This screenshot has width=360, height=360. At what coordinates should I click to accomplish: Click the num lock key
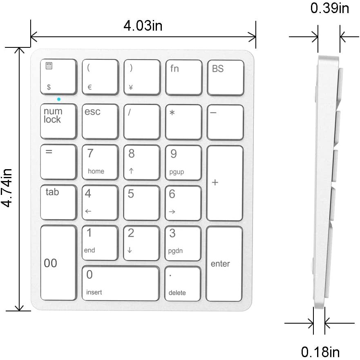58,121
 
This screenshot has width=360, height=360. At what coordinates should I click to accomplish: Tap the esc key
100,121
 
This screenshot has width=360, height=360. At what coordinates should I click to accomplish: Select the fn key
183,77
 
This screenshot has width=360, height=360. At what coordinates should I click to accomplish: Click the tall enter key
224,264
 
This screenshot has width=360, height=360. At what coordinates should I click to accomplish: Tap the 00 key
58,263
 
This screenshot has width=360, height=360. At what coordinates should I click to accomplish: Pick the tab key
58,202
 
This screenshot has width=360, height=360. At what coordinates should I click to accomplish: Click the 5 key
141,203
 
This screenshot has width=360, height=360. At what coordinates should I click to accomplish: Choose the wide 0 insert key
121,283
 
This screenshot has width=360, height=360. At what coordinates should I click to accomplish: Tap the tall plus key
225,183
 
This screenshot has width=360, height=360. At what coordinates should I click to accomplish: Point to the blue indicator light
59,99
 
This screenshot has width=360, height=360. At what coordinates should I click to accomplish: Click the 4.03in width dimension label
143,26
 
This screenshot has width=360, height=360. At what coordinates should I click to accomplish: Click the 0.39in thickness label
330,8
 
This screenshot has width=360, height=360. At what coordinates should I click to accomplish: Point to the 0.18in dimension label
320,351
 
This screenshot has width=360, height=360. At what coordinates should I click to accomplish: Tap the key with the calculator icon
58,77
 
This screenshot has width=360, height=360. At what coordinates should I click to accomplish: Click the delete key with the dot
183,284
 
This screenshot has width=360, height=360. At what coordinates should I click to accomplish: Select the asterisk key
183,121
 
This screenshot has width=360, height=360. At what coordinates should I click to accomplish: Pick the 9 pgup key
183,162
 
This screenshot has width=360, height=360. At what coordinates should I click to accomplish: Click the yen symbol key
142,77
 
